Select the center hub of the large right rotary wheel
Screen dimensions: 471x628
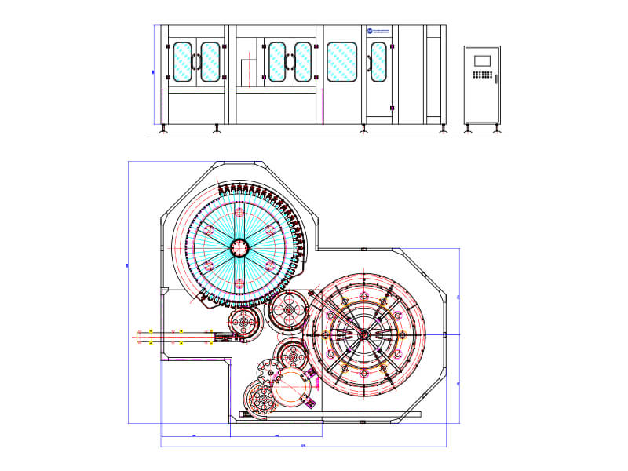click(363, 334)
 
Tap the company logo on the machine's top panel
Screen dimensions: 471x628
click(382, 31)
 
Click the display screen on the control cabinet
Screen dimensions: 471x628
click(482, 60)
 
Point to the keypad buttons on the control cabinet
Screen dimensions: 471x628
click(482, 76)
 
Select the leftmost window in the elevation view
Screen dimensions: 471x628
click(181, 61)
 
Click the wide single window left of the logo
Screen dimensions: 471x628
click(342, 61)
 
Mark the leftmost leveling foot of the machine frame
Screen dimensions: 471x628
click(163, 128)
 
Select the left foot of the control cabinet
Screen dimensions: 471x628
click(469, 129)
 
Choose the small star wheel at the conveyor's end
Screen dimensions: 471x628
click(246, 323)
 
